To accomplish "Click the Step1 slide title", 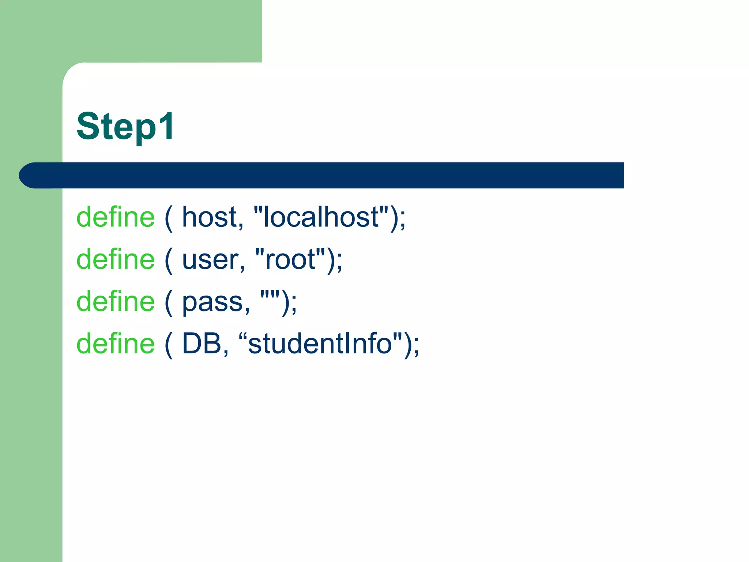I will [125, 126].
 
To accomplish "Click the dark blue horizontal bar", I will [329, 175].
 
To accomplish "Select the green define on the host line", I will [116, 217].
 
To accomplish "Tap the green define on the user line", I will [116, 259].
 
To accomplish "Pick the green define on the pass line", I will [116, 301].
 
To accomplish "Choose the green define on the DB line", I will [116, 344].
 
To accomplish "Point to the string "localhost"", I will [321, 217].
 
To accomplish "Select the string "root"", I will [290, 259].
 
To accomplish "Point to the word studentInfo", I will [320, 344].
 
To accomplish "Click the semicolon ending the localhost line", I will [403, 220].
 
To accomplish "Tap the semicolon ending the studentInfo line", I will [416, 346].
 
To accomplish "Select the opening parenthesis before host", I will [169, 218].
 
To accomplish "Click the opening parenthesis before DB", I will [169, 345].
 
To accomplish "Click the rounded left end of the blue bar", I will [29, 175].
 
